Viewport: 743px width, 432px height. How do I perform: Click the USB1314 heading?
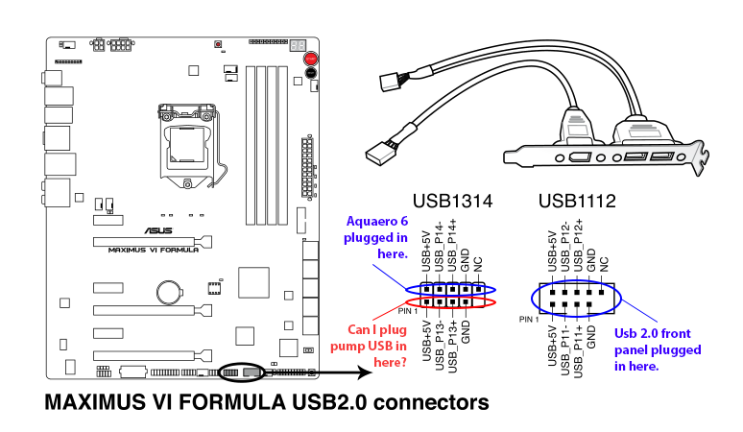[452, 203]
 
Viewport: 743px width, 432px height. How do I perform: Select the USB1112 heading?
[577, 203]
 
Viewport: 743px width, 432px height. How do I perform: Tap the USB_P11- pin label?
[565, 350]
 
